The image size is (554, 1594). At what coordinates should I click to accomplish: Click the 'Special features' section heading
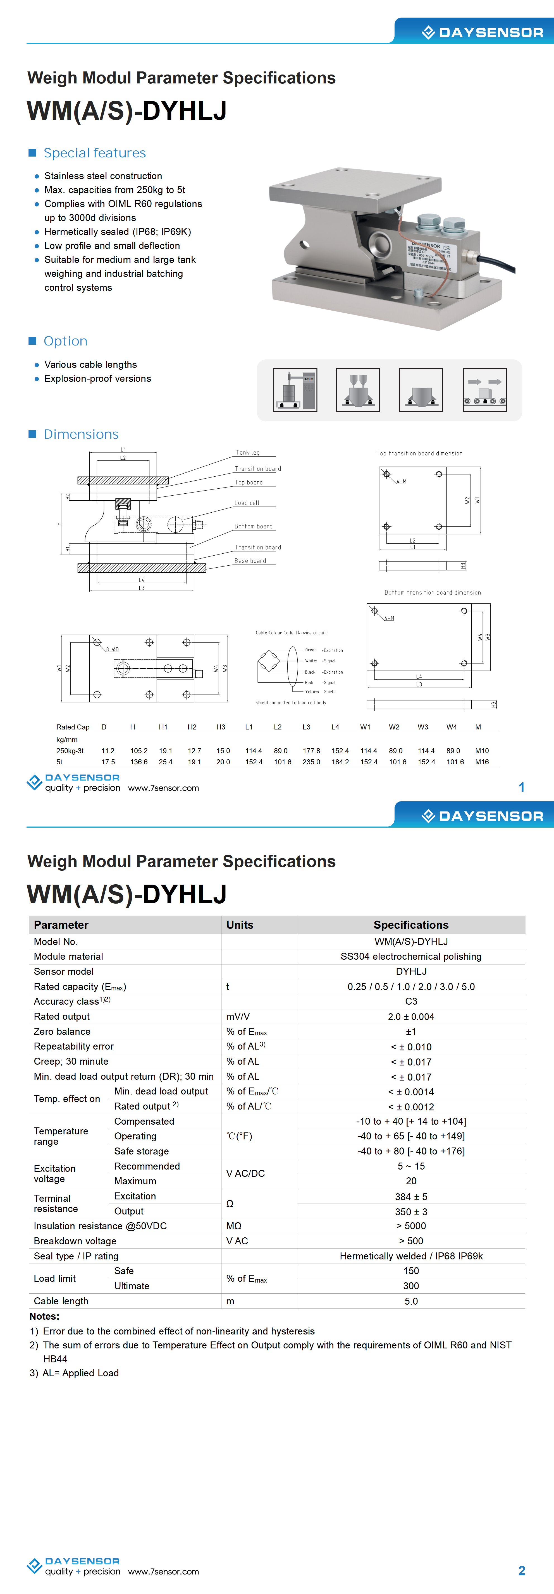(x=95, y=153)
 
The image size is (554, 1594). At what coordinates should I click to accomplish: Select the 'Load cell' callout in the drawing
(x=246, y=503)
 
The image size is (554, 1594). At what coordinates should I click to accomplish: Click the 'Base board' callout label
(x=250, y=561)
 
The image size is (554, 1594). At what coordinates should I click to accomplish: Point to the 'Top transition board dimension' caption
(x=419, y=453)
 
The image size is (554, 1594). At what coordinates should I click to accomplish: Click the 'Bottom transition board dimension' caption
(x=432, y=592)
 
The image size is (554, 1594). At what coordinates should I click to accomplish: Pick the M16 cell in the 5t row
(x=482, y=762)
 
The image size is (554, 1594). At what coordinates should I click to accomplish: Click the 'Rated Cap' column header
(x=73, y=727)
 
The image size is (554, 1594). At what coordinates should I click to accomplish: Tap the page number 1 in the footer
(x=521, y=787)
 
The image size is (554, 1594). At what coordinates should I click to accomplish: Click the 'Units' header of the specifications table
(x=240, y=925)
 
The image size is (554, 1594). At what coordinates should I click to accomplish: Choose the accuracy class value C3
(x=411, y=1001)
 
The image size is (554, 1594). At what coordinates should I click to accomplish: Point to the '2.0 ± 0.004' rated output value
(x=411, y=1017)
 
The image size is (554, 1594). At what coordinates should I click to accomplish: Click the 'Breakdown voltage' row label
(x=75, y=1241)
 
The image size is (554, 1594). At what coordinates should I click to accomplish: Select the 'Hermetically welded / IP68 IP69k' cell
(x=411, y=1256)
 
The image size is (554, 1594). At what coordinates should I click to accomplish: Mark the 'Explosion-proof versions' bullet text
(x=98, y=379)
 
